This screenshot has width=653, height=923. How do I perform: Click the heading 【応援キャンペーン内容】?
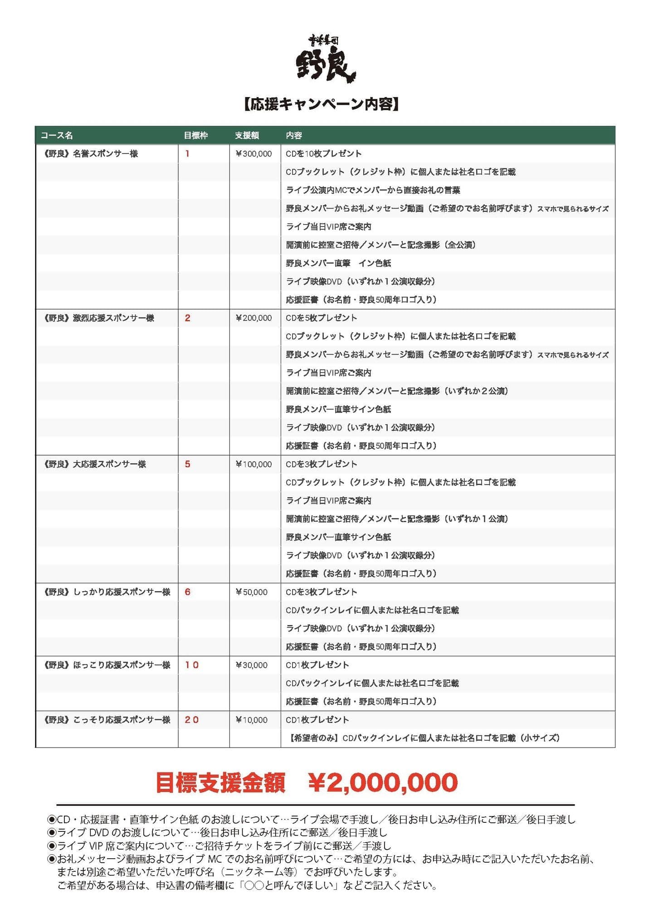click(x=322, y=105)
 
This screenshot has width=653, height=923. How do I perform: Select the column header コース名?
click(x=57, y=136)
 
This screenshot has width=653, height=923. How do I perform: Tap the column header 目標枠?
click(x=196, y=136)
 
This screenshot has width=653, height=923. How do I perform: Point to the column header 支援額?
click(x=247, y=136)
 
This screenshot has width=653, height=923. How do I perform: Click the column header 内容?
click(x=294, y=136)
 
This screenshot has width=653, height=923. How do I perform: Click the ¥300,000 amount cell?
click(x=253, y=154)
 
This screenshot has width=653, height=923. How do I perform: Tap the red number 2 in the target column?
click(x=187, y=318)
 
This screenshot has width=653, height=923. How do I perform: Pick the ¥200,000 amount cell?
click(x=253, y=318)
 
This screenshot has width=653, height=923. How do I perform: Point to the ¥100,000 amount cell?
click(x=253, y=464)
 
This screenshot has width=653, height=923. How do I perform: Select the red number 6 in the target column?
click(x=187, y=592)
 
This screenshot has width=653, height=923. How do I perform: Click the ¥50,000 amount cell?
click(x=252, y=592)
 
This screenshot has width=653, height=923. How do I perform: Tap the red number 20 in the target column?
click(x=192, y=720)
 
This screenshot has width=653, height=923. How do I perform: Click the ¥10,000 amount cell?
click(x=252, y=720)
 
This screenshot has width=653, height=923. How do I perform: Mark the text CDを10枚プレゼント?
click(x=323, y=154)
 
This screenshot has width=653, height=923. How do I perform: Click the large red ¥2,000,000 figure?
click(x=383, y=782)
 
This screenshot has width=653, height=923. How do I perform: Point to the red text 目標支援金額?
click(x=220, y=782)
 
